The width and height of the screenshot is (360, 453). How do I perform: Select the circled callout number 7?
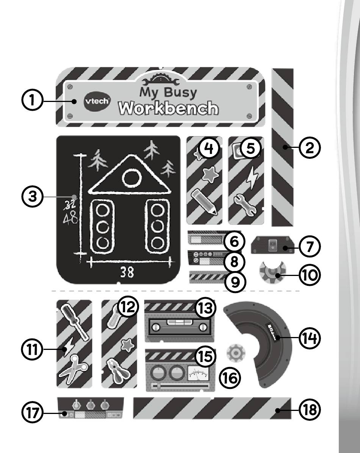click(310, 246)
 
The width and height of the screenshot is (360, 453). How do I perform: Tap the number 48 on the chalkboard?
click(71, 218)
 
